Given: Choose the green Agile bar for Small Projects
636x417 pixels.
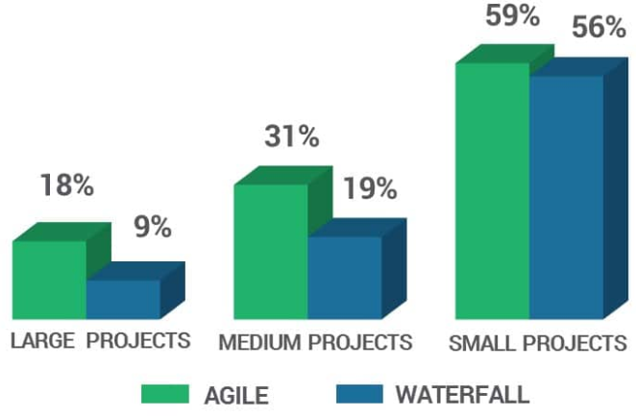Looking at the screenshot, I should click(492, 190).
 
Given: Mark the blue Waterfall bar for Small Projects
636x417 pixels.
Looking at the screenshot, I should click(566, 196).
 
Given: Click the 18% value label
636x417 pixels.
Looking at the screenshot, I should click(67, 185).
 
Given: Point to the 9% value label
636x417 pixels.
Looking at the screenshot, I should click(152, 228).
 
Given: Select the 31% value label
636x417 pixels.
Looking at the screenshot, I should click(291, 136).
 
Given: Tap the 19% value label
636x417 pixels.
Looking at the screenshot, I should click(370, 188).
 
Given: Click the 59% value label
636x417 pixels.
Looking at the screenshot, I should click(512, 17).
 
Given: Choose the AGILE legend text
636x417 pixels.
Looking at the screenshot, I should click(235, 394).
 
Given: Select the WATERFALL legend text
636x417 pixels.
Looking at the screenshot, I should click(461, 394).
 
